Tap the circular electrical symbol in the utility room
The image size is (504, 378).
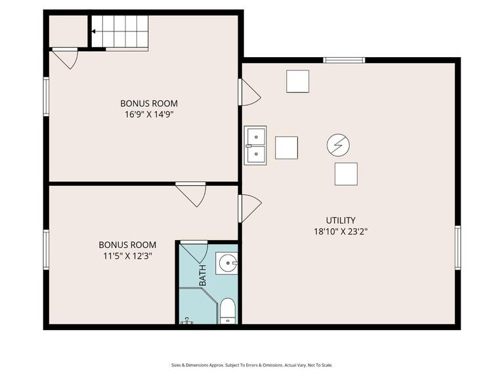click(x=338, y=144)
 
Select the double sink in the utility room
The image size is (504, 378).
click(x=255, y=145)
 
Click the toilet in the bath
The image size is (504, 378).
click(x=228, y=311)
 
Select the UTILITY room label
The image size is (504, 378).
click(x=341, y=220)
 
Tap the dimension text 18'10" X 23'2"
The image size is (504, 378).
click(x=341, y=231)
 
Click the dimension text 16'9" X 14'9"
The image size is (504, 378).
click(x=148, y=114)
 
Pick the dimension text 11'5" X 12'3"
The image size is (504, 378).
click(x=127, y=256)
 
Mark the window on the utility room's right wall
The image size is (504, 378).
click(x=457, y=247)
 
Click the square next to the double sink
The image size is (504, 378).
click(x=286, y=148)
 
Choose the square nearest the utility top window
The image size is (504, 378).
click(x=297, y=81)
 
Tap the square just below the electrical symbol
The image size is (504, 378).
click(x=346, y=174)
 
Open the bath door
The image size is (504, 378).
click(x=195, y=251)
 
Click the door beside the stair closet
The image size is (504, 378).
click(x=65, y=58)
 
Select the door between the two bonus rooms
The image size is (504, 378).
click(x=191, y=194)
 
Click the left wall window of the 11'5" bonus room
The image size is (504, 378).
click(x=46, y=249)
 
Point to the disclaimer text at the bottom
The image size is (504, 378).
click(x=252, y=365)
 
